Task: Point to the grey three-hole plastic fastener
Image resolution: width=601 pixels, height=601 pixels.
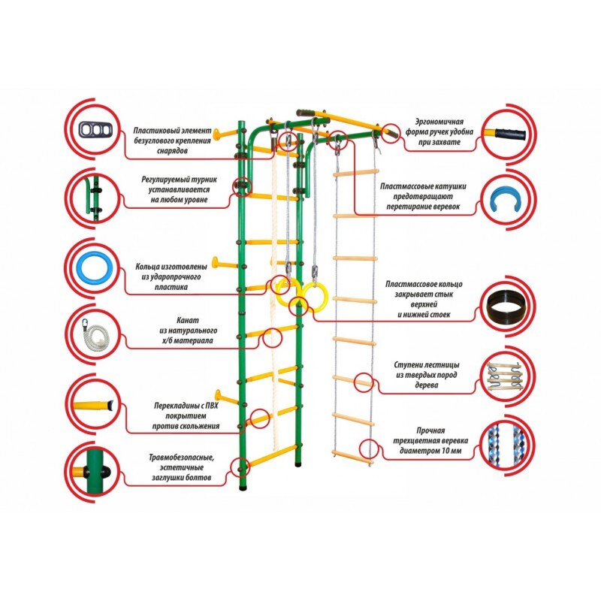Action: click(96, 130)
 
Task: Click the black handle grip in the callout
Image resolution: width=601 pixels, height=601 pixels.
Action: click(510, 134)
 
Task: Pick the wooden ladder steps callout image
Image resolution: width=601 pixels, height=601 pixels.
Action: click(505, 377)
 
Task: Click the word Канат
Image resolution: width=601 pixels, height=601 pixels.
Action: click(188, 321)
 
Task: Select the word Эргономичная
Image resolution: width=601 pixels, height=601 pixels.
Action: click(439, 122)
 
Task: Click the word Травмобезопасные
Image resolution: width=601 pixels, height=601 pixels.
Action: click(182, 458)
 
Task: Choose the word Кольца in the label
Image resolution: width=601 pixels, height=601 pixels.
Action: click(146, 267)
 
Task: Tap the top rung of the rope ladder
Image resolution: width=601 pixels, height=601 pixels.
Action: click(356, 173)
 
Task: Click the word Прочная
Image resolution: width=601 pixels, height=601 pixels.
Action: click(430, 430)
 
